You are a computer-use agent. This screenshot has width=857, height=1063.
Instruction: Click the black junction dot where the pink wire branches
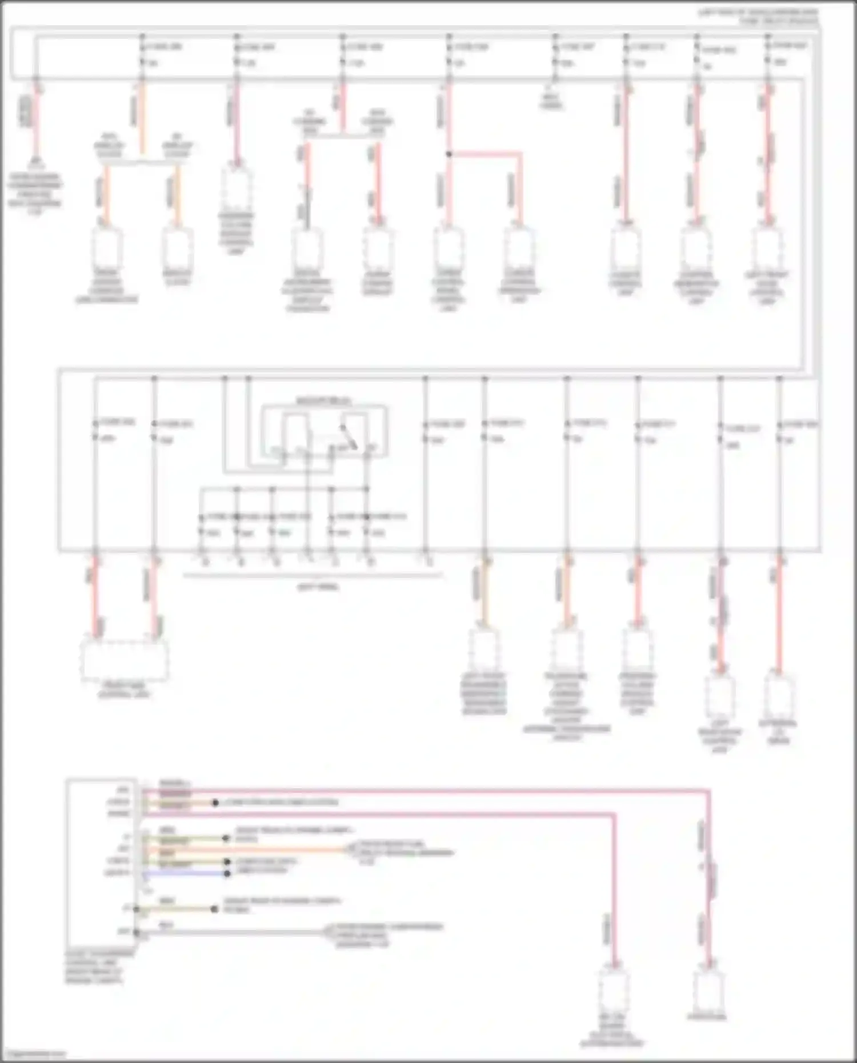pyautogui.click(x=449, y=154)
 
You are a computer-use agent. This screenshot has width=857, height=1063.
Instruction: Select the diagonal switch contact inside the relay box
pyautogui.click(x=349, y=437)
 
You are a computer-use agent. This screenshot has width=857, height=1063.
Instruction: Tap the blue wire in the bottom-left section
pyautogui.click(x=183, y=873)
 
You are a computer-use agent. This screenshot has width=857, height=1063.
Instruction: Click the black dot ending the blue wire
pyautogui.click(x=227, y=873)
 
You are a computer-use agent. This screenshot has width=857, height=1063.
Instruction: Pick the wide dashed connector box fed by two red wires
pyautogui.click(x=125, y=660)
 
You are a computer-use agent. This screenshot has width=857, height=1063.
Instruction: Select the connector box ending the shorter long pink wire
pyautogui.click(x=614, y=991)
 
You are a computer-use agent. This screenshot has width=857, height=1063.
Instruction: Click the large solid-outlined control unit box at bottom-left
pyautogui.click(x=102, y=863)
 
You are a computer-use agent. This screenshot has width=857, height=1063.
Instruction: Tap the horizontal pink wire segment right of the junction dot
pyautogui.click(x=486, y=154)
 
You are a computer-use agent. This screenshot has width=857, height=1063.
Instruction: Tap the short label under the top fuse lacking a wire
pyautogui.click(x=551, y=101)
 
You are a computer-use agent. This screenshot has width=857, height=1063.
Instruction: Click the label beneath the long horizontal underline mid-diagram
pyautogui.click(x=318, y=587)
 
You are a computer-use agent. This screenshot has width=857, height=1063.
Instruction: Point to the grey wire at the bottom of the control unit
pyautogui.click(x=229, y=932)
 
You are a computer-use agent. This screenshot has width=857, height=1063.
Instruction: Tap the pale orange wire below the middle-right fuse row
pyautogui.click(x=485, y=594)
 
